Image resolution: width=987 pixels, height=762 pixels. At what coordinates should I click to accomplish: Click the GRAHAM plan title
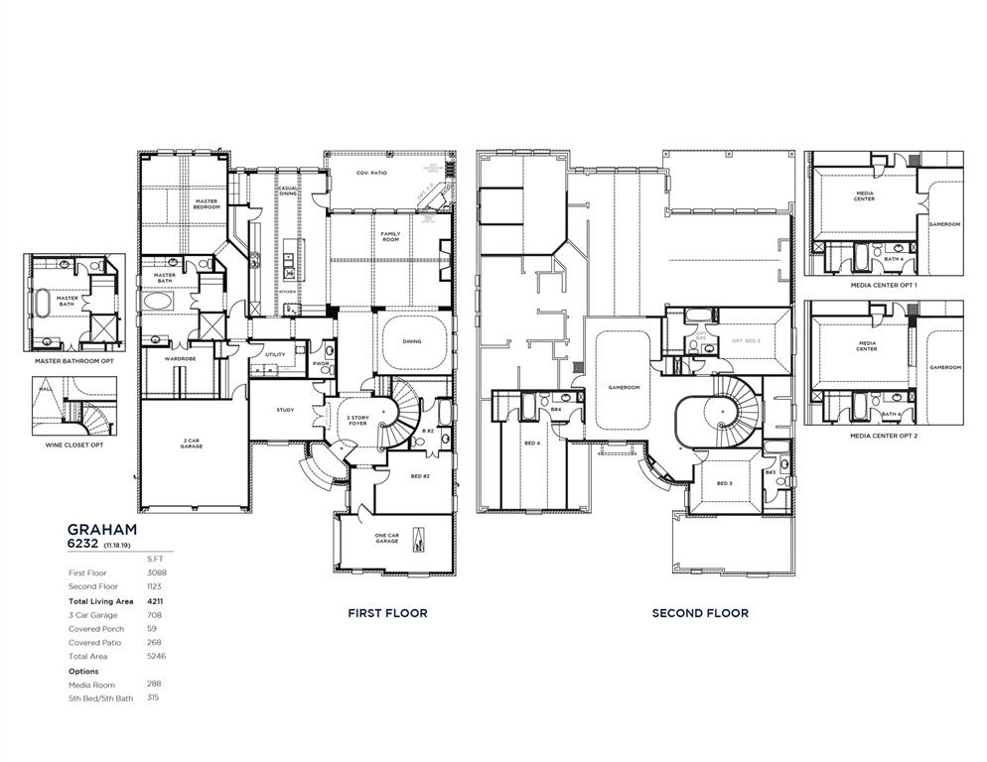point(102,530)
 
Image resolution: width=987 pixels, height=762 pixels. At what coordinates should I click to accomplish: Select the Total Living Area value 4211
point(156,600)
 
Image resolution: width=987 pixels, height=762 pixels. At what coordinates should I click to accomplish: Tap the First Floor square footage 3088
point(156,572)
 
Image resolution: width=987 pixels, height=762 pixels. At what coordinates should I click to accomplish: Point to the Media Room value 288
point(154,684)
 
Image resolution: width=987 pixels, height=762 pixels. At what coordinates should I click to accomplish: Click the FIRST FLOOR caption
point(387,613)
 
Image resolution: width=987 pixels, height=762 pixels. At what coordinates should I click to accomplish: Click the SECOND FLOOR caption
point(700,613)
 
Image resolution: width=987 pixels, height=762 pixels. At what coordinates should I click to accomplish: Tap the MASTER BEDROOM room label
point(207,203)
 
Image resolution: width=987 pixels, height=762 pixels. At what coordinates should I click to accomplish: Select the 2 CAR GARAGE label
point(192,444)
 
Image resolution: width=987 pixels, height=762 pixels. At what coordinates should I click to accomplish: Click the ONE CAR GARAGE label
point(387,539)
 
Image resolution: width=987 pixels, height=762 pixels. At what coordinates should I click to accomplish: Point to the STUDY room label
point(285,409)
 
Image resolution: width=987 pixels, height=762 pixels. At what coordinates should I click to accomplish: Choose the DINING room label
point(412,341)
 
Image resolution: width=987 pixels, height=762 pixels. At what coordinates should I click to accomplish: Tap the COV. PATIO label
point(372,173)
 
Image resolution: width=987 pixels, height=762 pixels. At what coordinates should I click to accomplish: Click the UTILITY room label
point(275,353)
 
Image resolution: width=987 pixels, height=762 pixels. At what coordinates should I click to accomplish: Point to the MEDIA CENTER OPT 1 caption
point(884,285)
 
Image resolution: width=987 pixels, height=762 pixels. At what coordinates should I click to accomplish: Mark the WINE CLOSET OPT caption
point(74,444)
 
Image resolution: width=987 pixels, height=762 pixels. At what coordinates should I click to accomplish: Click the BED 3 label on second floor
point(724,482)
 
